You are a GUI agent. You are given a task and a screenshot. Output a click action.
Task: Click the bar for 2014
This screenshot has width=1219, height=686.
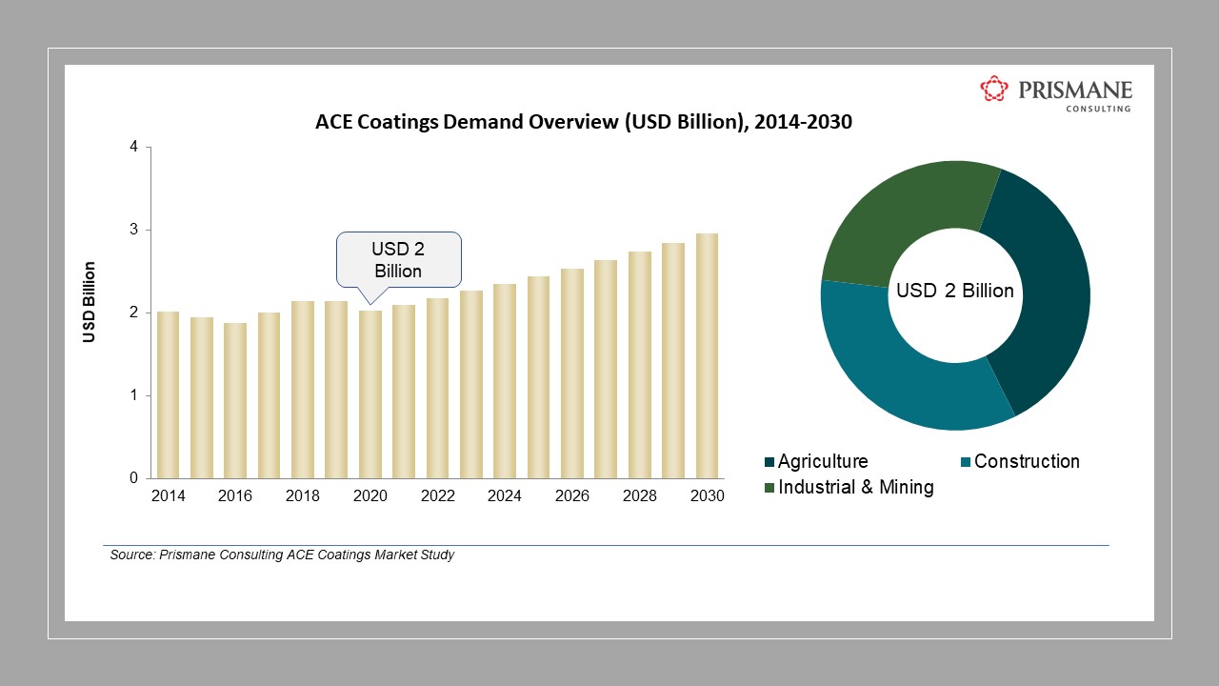click(168, 394)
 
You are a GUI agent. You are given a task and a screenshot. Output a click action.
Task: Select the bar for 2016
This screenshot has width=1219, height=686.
click(235, 400)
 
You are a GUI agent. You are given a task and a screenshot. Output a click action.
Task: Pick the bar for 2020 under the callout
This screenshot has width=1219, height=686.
click(370, 394)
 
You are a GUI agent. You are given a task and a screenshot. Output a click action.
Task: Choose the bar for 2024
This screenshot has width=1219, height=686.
click(505, 381)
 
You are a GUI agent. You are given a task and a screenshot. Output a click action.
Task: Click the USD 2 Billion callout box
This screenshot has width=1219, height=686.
click(398, 258)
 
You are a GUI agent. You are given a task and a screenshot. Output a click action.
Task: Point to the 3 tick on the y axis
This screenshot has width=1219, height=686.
click(134, 230)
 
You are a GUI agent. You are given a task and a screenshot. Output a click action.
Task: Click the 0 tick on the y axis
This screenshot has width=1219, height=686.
click(134, 478)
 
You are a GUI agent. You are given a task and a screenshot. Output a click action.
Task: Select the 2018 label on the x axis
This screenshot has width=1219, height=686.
click(303, 496)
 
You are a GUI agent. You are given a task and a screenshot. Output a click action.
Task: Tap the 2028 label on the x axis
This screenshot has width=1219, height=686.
click(639, 496)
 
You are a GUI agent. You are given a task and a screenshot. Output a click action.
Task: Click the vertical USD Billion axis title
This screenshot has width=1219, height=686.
click(90, 302)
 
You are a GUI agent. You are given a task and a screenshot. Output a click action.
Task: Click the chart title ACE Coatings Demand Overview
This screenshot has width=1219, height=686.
click(583, 123)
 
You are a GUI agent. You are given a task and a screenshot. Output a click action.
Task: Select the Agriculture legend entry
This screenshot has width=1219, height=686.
click(821, 461)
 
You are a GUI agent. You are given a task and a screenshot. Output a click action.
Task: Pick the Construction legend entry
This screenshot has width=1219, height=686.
click(1026, 461)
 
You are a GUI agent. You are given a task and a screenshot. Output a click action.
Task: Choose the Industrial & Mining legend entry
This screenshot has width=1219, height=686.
click(854, 487)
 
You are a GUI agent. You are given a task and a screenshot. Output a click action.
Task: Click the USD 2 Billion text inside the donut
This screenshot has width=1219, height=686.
click(955, 291)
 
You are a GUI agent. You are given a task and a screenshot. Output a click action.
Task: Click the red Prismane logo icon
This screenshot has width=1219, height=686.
click(994, 90)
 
